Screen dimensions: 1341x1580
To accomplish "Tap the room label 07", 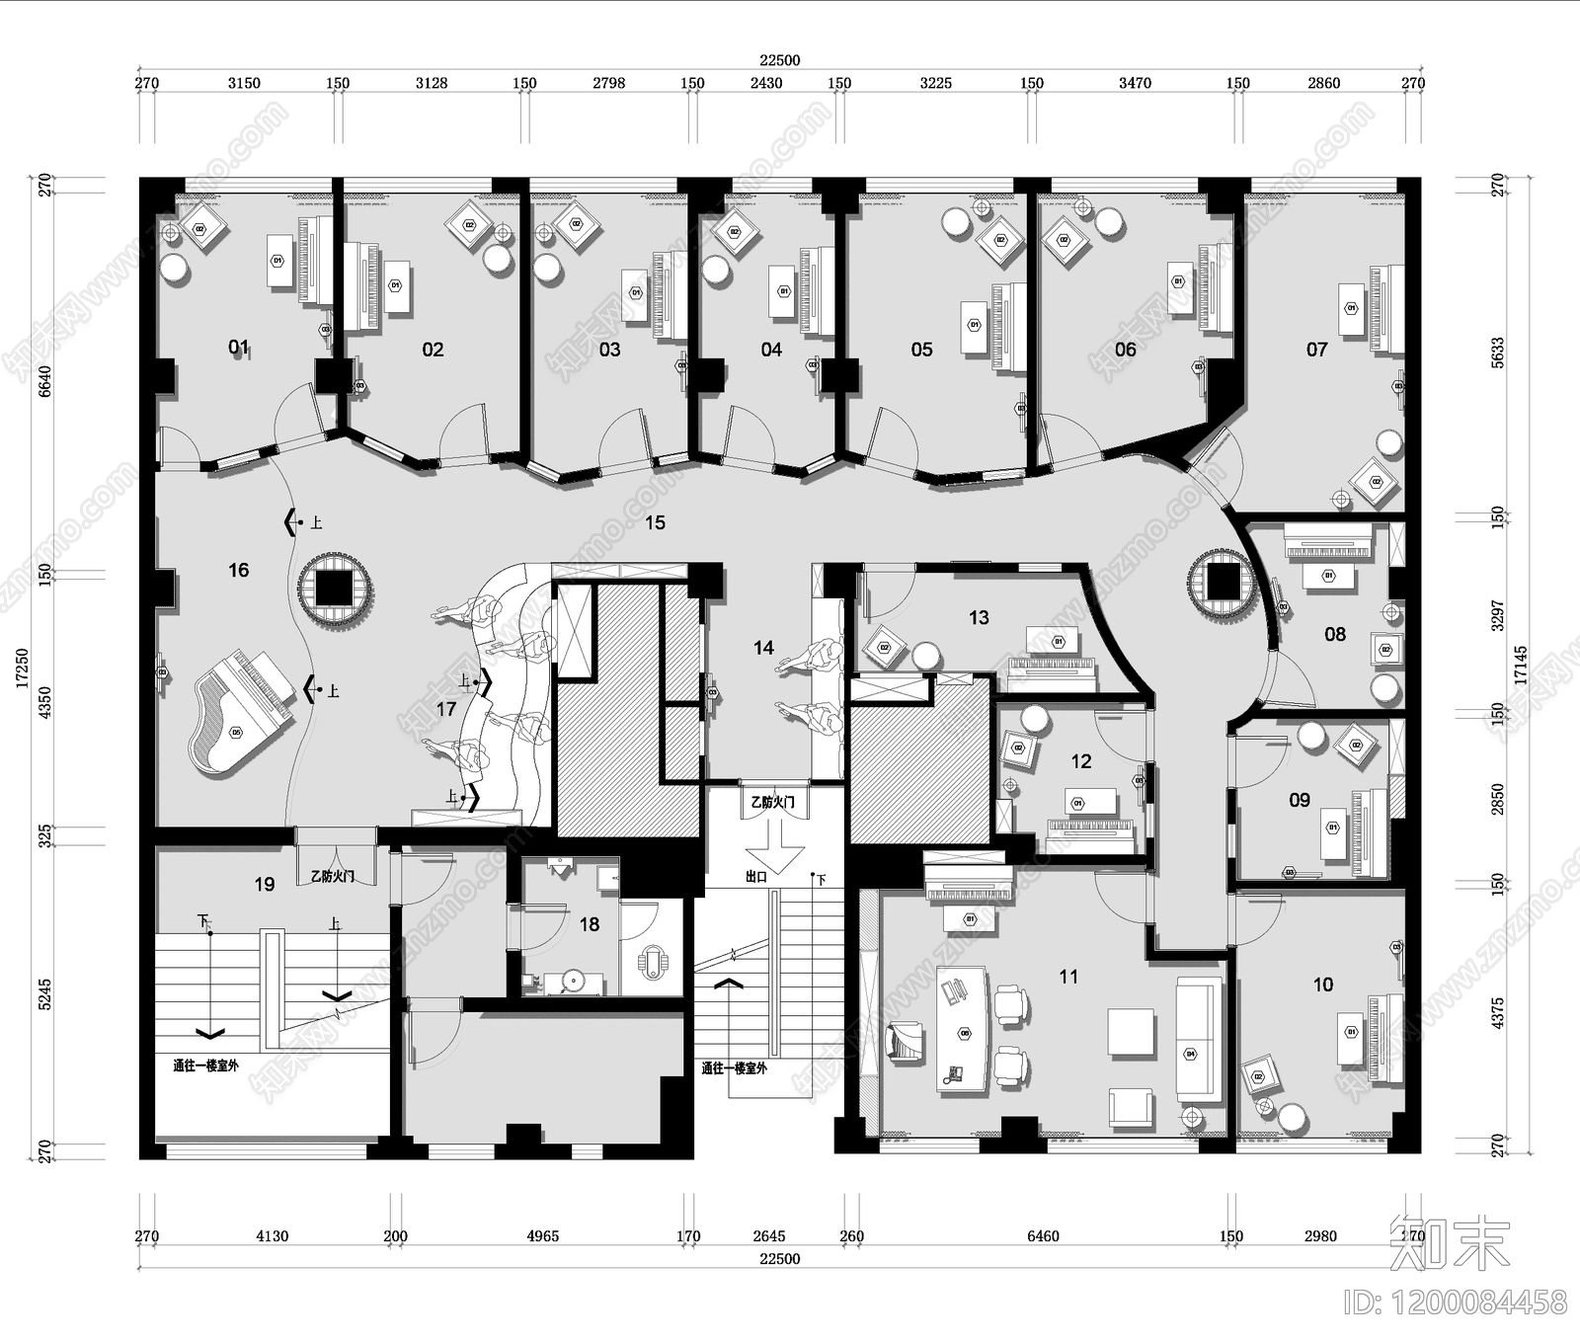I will [1316, 350].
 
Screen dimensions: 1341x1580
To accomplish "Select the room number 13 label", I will [979, 617].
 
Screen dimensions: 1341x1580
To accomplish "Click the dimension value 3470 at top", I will [1135, 83].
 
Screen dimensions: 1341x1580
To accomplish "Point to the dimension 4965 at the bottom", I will [542, 1235].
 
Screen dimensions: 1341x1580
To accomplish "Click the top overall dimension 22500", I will [779, 60].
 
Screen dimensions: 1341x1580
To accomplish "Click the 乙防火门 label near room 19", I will [332, 876].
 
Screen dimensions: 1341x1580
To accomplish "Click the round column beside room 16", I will [336, 590].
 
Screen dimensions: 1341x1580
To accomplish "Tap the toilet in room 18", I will [652, 962].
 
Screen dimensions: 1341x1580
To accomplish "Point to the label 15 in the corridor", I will [656, 522].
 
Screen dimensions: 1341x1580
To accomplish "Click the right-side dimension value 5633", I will [1498, 353].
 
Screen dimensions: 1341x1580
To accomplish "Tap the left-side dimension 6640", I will [43, 380].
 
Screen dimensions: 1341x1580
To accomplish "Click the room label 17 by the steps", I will [445, 709].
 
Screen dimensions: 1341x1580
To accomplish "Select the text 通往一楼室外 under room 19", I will [205, 1065].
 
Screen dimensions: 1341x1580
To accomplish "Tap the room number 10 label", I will [1322, 985].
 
